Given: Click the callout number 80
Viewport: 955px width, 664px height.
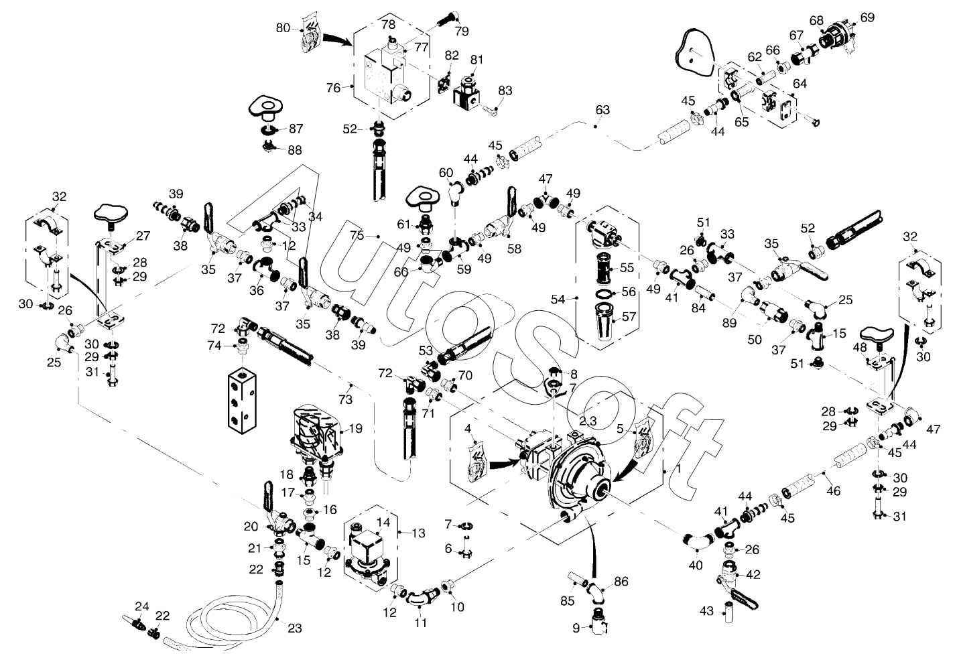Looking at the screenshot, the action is point(283,28).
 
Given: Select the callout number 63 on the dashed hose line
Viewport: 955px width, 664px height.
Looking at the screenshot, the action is point(602,110).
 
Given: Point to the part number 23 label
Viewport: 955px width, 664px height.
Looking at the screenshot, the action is point(295,628).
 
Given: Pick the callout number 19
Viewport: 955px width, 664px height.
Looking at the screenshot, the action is point(356,428).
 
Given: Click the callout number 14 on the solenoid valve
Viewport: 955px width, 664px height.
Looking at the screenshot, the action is point(383,523).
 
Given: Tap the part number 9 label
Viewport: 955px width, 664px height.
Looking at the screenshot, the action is point(576,628).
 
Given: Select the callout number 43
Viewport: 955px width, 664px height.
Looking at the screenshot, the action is point(706,611).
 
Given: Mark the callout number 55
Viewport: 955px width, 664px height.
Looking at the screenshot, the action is point(627,267).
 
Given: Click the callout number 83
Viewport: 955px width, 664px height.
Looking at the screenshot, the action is point(505,90).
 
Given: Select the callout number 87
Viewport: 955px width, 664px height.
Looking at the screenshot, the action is point(296,128).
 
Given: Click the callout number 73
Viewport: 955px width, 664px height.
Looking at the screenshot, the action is point(346,399).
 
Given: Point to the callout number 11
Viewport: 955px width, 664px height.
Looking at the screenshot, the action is point(421,622).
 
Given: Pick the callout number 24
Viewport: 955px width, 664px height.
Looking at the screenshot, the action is point(142,606).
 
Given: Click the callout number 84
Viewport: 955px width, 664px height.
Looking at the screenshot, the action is point(698,308).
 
